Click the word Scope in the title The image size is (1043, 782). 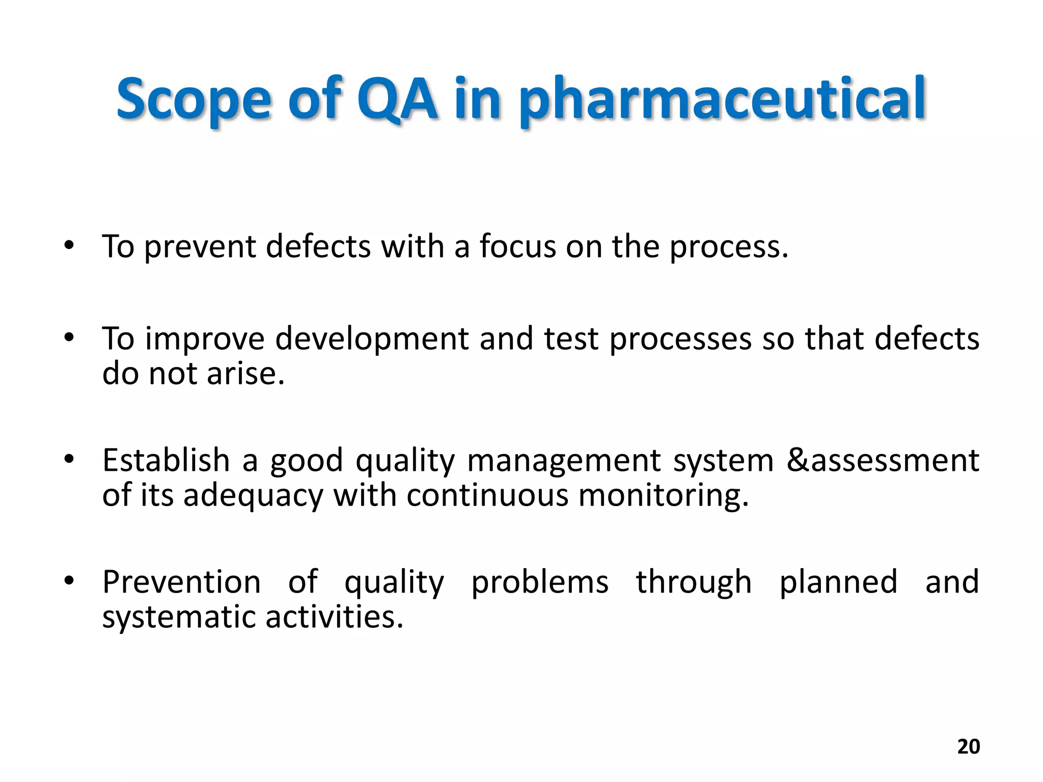coord(194,99)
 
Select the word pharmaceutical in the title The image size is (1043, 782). coord(722,99)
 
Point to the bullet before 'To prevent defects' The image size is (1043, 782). coord(69,246)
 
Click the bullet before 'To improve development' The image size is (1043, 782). coord(69,338)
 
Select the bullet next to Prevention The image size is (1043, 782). coord(69,581)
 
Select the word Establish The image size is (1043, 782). coord(166,460)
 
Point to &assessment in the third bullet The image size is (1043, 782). coord(883,460)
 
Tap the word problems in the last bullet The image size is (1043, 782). coord(539,582)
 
